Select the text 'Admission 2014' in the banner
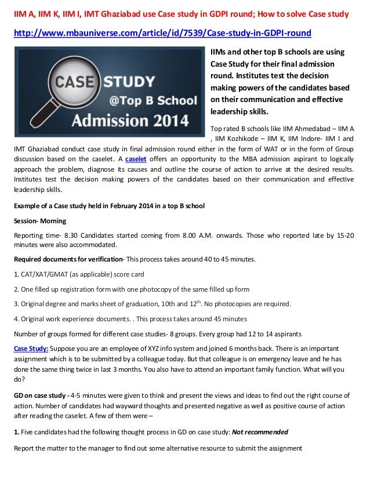130,121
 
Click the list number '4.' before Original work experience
16,319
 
